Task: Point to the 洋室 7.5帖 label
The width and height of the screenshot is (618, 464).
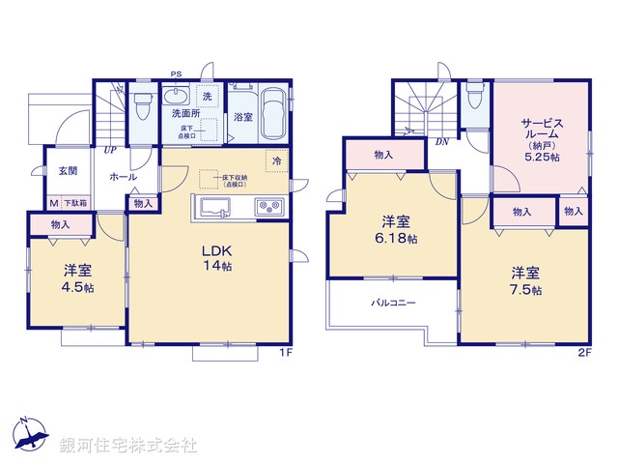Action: (x=526, y=281)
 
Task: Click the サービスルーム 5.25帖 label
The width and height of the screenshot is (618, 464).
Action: (x=541, y=137)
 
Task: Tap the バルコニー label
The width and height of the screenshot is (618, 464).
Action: (x=394, y=304)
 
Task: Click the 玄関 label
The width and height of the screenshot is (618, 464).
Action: (x=67, y=171)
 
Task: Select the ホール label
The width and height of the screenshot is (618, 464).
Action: (x=123, y=178)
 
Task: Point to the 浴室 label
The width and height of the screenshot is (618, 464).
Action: (x=242, y=117)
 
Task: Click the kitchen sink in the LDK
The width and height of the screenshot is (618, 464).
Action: (x=215, y=207)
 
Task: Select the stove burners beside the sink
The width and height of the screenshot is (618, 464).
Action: (x=267, y=207)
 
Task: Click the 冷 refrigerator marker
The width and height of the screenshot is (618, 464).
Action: (x=277, y=160)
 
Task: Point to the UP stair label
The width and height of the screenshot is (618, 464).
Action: (x=112, y=150)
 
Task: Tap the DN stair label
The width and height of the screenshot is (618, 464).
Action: (x=441, y=142)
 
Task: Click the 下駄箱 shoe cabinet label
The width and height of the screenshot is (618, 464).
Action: (x=75, y=204)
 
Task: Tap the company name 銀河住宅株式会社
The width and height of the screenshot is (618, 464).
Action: (x=128, y=446)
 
